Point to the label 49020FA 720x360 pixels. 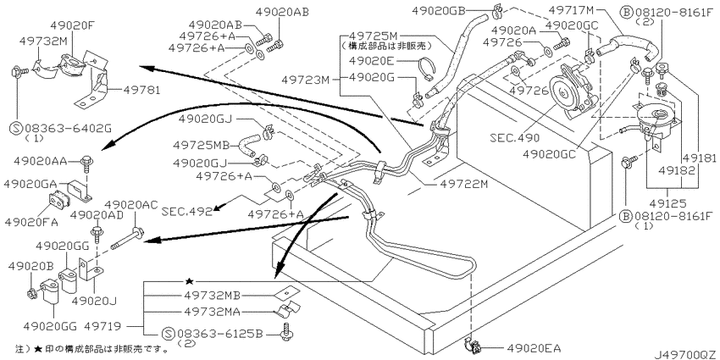point(30,222)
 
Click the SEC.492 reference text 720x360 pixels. point(186,207)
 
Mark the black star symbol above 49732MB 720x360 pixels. point(190,280)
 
